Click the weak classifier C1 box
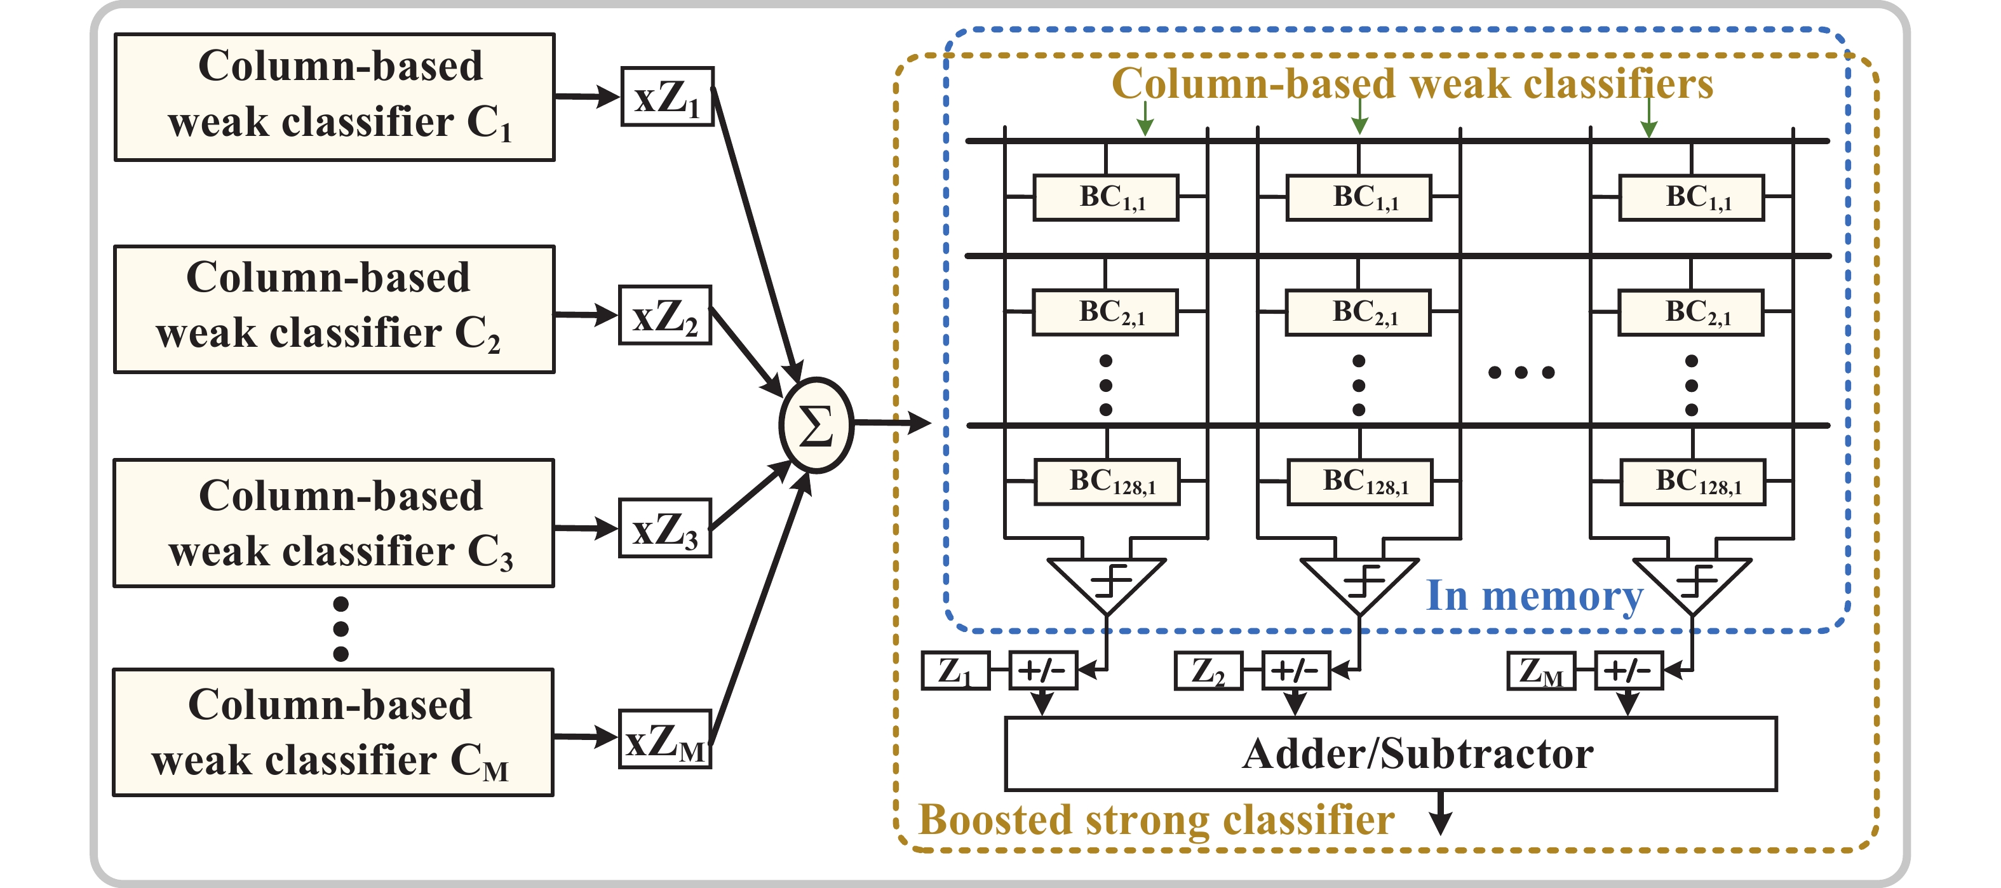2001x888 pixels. click(335, 97)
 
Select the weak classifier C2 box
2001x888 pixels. click(335, 309)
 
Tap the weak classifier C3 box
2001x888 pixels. click(335, 523)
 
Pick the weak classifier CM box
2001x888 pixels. click(333, 732)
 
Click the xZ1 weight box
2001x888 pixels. click(667, 97)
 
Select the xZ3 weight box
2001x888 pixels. click(665, 528)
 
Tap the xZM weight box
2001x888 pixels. click(665, 739)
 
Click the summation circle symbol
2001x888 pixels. click(816, 425)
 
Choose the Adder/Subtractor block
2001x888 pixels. click(1391, 753)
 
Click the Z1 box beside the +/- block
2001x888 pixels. click(955, 671)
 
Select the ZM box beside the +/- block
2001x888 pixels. click(1541, 671)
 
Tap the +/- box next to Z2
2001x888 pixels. click(1296, 671)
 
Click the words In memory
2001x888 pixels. click(1534, 596)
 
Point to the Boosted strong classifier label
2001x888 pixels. click(1156, 819)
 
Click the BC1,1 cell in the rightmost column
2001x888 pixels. click(1692, 198)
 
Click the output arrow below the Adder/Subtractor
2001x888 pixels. click(1441, 814)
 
